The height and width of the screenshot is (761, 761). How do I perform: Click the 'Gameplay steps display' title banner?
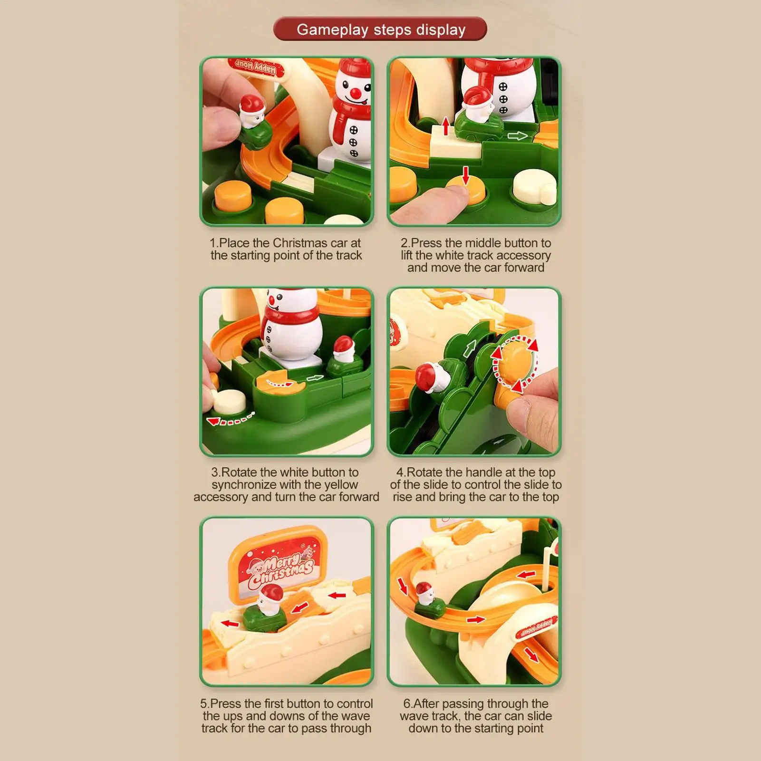pyautogui.click(x=380, y=29)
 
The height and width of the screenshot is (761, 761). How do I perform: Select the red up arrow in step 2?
pyautogui.click(x=446, y=126)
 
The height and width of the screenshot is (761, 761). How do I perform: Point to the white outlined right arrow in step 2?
pyautogui.click(x=517, y=136)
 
